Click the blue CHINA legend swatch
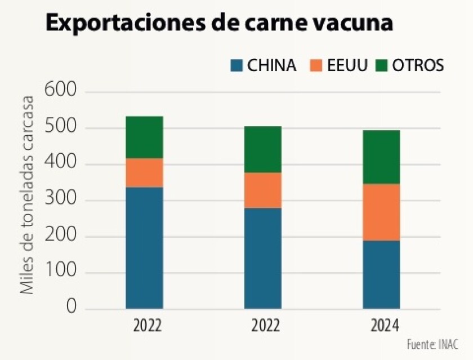[x=236, y=66]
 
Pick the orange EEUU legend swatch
[x=316, y=66]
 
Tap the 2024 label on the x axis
[x=381, y=327]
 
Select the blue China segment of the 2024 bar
[x=381, y=275]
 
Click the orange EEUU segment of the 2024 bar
[x=381, y=212]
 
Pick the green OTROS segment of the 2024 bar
[x=381, y=157]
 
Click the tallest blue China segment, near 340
[x=144, y=248]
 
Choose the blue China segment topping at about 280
[x=263, y=259]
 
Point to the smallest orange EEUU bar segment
[x=144, y=172]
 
